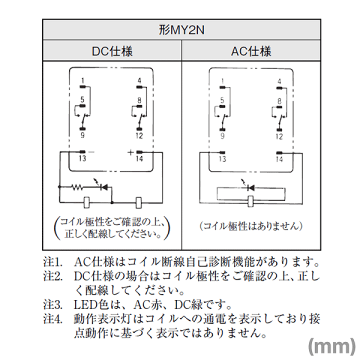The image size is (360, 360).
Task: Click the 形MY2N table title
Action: pyautogui.click(x=181, y=30)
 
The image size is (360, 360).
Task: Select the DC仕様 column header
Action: pyautogui.click(x=112, y=51)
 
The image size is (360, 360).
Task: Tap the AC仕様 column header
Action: pyautogui.click(x=251, y=51)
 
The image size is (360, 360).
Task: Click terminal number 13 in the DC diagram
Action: pyautogui.click(x=82, y=158)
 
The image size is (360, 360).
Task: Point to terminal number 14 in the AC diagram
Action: pyautogui.click(x=279, y=159)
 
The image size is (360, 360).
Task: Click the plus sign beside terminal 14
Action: pyautogui.click(x=130, y=152)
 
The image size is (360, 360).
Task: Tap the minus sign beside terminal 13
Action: pyautogui.click(x=91, y=152)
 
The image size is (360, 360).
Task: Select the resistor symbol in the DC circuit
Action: pyautogui.click(x=77, y=187)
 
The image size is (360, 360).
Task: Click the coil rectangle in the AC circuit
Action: pyautogui.click(x=250, y=201)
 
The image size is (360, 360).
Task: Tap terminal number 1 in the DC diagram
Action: pyautogui.click(x=82, y=81)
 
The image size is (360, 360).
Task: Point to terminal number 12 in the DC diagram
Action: pyautogui.click(x=139, y=135)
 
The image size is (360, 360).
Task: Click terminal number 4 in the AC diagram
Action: pyautogui.click(x=279, y=81)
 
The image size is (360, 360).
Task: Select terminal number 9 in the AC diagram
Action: pyautogui.click(x=222, y=136)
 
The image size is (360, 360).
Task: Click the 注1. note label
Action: pyautogui.click(x=52, y=262)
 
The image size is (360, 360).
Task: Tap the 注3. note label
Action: pyautogui.click(x=52, y=304)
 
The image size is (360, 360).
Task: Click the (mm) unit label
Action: pyautogui.click(x=332, y=346)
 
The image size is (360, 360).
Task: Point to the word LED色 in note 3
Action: pyautogui.click(x=91, y=304)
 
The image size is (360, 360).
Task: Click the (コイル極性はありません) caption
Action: pyautogui.click(x=251, y=226)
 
